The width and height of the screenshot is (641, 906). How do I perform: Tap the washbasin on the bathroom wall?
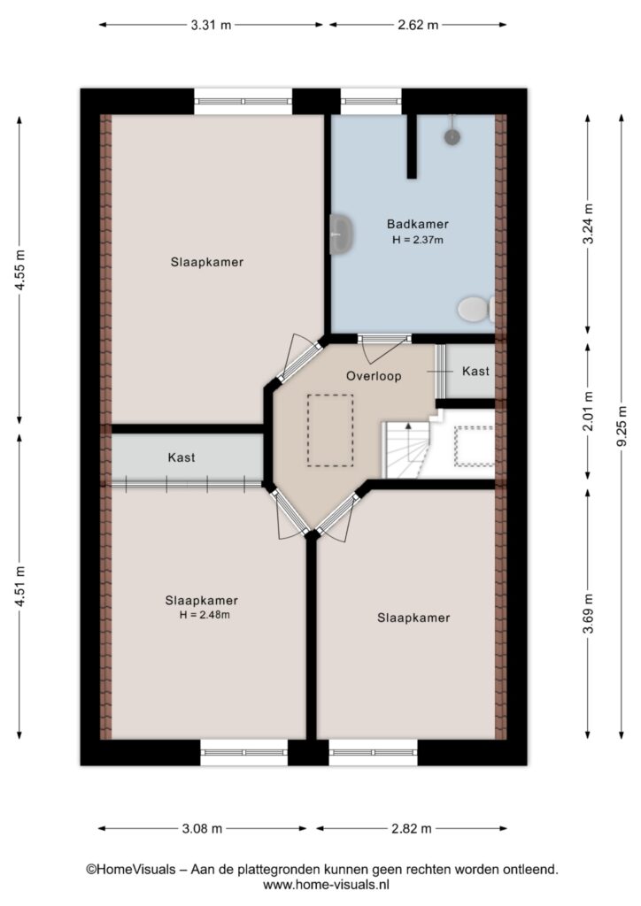[341, 234]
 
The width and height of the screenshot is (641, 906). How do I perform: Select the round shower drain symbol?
[452, 137]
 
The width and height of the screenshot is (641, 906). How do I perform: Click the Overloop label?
[374, 376]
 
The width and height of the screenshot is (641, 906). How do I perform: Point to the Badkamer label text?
[417, 224]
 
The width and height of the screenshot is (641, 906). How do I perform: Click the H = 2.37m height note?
[417, 240]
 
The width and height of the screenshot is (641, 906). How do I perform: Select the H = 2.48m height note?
[204, 615]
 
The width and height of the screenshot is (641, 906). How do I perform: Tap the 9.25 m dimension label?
[622, 426]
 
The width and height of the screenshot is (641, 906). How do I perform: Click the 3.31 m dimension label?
[211, 25]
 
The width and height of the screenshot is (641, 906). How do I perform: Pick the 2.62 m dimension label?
[418, 25]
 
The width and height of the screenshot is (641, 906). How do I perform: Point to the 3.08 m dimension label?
[202, 828]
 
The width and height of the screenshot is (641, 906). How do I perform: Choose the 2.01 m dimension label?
[588, 411]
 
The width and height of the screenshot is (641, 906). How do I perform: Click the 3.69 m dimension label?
[588, 614]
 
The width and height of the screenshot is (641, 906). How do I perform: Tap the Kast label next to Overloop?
[475, 371]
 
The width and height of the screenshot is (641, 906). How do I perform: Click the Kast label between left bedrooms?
[181, 457]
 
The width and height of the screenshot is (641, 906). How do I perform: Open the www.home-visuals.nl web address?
[327, 884]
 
